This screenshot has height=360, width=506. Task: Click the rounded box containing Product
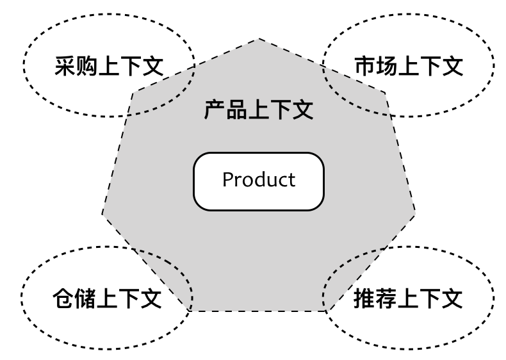click(x=259, y=181)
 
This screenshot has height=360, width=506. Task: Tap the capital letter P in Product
click(x=228, y=180)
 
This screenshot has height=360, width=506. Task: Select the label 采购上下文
click(x=109, y=66)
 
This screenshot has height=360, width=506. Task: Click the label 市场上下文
click(x=408, y=66)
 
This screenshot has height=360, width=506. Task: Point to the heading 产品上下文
click(x=258, y=110)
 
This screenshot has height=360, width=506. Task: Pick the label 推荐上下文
click(x=407, y=299)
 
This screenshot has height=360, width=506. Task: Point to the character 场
click(x=386, y=66)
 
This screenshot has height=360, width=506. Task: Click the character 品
click(x=236, y=110)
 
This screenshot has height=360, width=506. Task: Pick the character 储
click(x=85, y=299)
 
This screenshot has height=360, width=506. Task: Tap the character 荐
click(x=386, y=299)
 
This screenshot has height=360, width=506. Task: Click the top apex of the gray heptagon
click(x=259, y=39)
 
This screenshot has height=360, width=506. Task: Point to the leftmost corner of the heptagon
click(x=102, y=213)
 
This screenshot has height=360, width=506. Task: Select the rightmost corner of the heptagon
click(x=416, y=211)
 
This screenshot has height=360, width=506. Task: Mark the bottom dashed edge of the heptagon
click(x=259, y=311)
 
